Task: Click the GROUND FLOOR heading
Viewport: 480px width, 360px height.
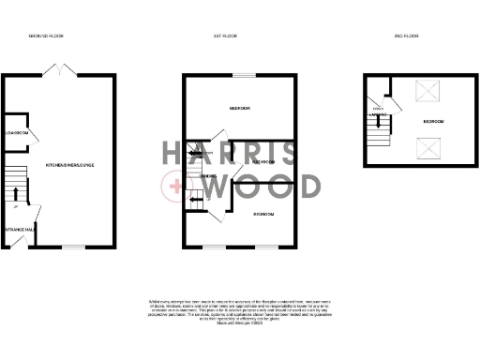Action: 46,36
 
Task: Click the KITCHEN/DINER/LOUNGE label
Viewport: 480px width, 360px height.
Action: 70,165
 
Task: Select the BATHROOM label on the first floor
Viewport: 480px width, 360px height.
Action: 262,161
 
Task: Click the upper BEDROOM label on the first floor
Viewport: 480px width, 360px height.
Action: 242,109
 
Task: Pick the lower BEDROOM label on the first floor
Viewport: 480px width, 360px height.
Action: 263,215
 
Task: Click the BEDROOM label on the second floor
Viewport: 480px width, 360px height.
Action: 434,122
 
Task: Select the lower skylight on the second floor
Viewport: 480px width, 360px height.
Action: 427,146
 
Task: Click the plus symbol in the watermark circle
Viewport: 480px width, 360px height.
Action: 175,188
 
